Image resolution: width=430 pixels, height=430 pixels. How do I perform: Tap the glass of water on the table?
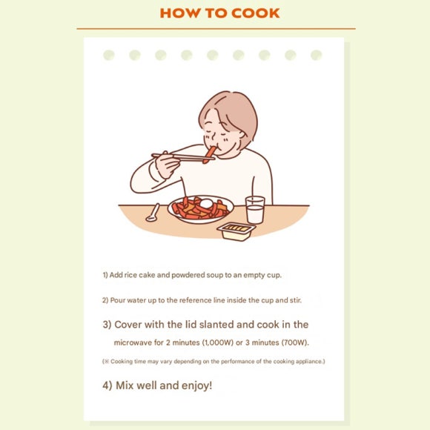click(255, 210)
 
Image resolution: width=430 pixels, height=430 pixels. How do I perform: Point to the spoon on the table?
click(153, 214)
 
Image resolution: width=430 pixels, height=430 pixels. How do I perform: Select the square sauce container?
click(236, 230)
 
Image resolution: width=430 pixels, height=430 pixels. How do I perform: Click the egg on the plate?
click(206, 203)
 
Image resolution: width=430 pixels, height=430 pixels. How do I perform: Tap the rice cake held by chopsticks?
click(211, 153)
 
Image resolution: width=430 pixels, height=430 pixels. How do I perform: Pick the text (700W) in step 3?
click(294, 343)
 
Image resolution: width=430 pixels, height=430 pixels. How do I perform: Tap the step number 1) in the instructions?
click(105, 275)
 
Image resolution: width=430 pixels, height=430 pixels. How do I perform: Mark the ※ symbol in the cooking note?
click(106, 361)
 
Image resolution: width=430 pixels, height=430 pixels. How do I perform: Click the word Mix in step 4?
click(125, 386)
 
